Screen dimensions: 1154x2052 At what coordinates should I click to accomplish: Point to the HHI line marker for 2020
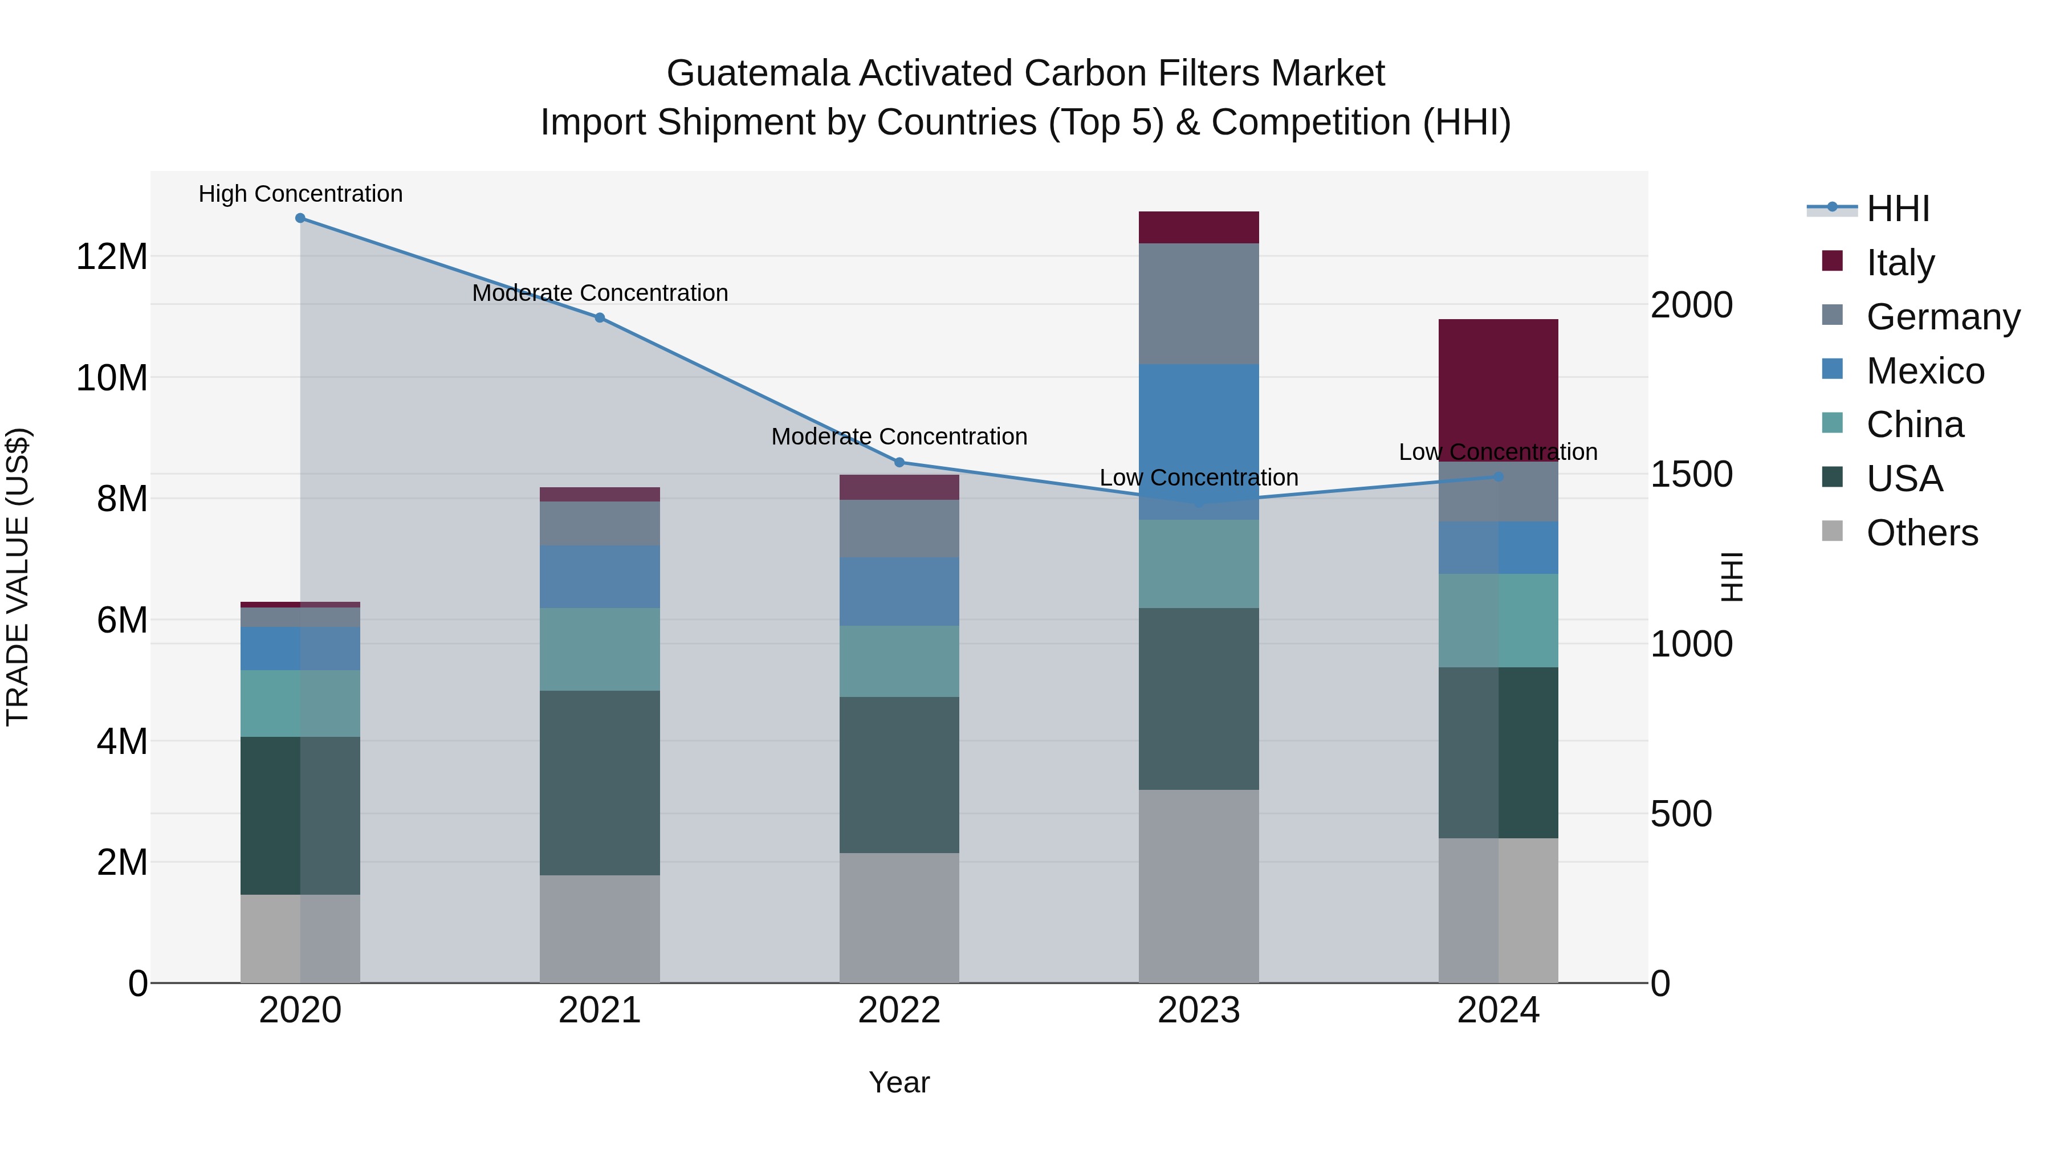coord(300,218)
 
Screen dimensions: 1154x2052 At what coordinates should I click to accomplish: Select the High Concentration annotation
coord(300,194)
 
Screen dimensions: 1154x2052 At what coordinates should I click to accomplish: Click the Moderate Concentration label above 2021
coord(599,292)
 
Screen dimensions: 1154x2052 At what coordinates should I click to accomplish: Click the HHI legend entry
coord(1898,209)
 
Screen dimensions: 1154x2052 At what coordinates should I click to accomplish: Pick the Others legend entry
coord(1921,532)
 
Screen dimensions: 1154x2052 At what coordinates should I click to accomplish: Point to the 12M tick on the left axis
coord(112,256)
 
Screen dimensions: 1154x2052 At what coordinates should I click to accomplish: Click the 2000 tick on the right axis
coord(1691,305)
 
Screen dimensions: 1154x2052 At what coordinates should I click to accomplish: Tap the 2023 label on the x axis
coord(1198,1010)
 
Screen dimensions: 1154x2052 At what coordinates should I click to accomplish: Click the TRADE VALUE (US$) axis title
coord(18,577)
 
